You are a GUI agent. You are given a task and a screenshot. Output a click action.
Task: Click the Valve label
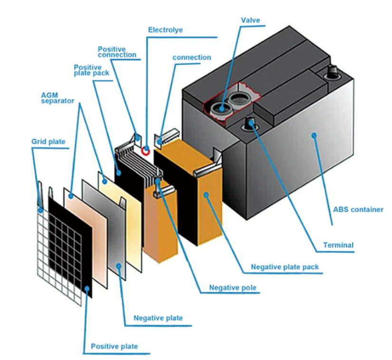click(250, 20)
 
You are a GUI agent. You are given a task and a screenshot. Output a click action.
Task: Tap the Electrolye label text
click(165, 30)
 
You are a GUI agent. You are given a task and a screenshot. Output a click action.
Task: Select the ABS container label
click(357, 209)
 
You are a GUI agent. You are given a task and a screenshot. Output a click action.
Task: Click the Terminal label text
click(338, 245)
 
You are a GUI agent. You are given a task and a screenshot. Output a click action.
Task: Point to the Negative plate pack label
click(285, 267)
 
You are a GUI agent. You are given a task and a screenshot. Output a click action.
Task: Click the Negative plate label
click(158, 318)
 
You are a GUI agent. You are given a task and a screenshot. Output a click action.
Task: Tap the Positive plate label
click(114, 346)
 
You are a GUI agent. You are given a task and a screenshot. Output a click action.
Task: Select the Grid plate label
click(48, 142)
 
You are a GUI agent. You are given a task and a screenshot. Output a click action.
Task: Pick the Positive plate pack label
click(91, 70)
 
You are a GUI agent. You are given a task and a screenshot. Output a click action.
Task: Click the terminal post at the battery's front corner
click(250, 124)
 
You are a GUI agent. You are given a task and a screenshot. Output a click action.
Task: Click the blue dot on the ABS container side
click(314, 135)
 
